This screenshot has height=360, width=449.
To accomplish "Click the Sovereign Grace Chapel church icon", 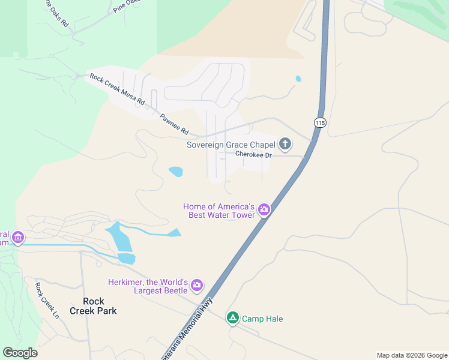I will (x=285, y=144).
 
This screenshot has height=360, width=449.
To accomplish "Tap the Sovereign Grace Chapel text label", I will (x=231, y=145).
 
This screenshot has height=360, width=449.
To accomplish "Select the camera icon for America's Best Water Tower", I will (x=264, y=210).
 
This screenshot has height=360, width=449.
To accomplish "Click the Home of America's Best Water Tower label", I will (x=220, y=210).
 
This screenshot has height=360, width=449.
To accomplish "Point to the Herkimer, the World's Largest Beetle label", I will (x=148, y=287).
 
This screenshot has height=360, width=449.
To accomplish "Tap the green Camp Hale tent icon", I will (x=233, y=318).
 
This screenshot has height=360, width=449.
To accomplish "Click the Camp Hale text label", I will (x=262, y=319).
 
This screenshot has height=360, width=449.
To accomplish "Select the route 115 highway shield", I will (x=320, y=122).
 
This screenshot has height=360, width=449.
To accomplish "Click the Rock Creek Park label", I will (x=93, y=306).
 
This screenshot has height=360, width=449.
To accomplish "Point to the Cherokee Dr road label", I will (x=253, y=155).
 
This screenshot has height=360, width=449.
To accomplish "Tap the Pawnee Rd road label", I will (x=174, y=124).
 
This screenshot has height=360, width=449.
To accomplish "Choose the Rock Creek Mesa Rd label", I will (x=117, y=89).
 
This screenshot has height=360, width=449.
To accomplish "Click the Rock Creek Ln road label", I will (x=47, y=300).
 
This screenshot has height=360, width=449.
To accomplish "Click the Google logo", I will (x=20, y=353).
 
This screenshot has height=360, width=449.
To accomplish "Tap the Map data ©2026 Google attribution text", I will (x=411, y=355).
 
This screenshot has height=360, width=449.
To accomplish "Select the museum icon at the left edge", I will (x=17, y=238).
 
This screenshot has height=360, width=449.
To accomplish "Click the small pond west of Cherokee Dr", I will (x=176, y=172).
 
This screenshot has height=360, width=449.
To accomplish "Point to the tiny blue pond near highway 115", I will (x=298, y=79).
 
